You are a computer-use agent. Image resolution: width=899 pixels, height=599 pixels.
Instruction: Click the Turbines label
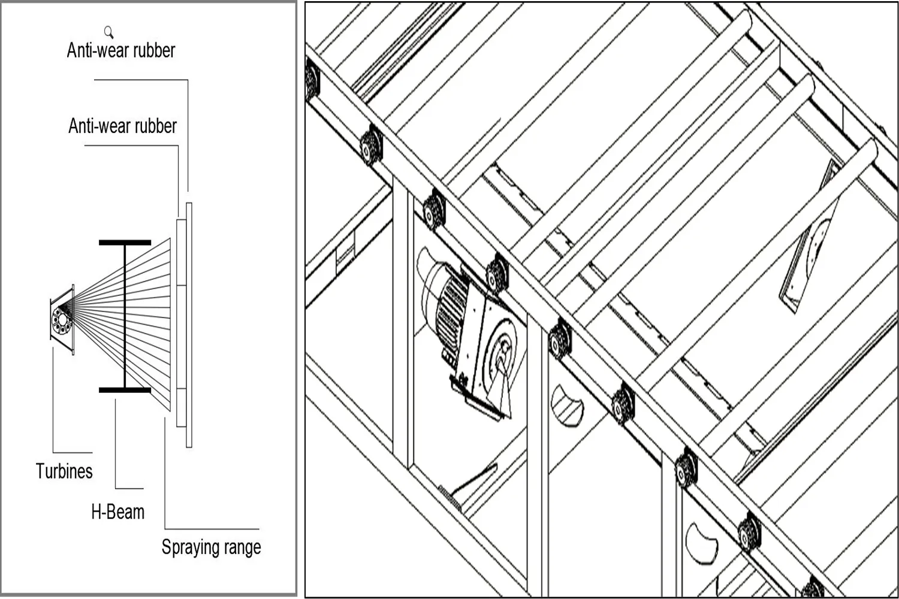click(64, 471)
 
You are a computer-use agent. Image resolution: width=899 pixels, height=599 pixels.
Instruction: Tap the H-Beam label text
click(118, 512)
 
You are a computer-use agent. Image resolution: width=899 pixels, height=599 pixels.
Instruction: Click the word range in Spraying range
click(243, 547)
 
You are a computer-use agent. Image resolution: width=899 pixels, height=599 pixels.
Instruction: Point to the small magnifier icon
click(108, 32)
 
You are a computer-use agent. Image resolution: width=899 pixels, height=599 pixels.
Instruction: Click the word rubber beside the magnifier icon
click(155, 50)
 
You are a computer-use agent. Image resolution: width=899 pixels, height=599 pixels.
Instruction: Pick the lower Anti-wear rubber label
click(122, 126)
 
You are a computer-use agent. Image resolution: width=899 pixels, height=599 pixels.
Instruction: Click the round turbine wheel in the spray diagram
click(62, 320)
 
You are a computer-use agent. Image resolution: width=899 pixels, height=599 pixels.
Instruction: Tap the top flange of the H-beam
click(125, 243)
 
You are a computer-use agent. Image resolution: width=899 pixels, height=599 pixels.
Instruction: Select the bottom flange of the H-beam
click(125, 390)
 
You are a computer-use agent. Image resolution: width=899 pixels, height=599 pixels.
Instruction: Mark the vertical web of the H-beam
click(125, 316)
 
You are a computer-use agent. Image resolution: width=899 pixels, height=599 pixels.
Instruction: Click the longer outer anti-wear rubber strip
click(189, 325)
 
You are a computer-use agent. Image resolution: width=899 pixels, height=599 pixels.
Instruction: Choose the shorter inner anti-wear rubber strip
click(181, 323)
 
